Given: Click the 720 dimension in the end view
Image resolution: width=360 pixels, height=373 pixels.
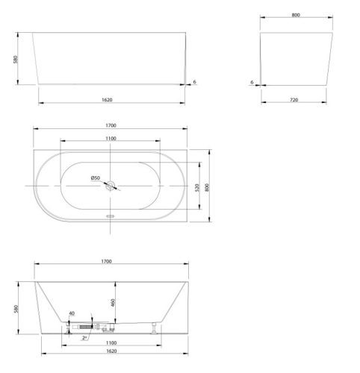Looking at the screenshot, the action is click(x=294, y=100).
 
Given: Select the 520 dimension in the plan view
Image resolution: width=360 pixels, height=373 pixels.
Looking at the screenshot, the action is click(x=197, y=187).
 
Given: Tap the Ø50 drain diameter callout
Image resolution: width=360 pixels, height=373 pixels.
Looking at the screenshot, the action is click(x=96, y=178).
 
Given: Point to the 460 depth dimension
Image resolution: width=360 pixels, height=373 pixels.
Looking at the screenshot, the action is click(x=113, y=303).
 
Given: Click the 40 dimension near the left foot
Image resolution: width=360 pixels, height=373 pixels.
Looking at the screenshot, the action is click(x=72, y=313).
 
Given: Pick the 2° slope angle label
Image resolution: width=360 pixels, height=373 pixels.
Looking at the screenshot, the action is click(x=84, y=338).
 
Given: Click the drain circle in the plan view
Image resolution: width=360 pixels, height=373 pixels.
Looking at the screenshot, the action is click(x=110, y=186).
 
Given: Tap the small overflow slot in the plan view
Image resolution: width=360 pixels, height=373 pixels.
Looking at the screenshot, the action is click(x=110, y=216).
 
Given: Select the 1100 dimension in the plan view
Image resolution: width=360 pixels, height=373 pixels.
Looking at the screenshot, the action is click(x=111, y=139).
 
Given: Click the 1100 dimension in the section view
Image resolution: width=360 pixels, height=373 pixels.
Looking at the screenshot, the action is click(x=111, y=343).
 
